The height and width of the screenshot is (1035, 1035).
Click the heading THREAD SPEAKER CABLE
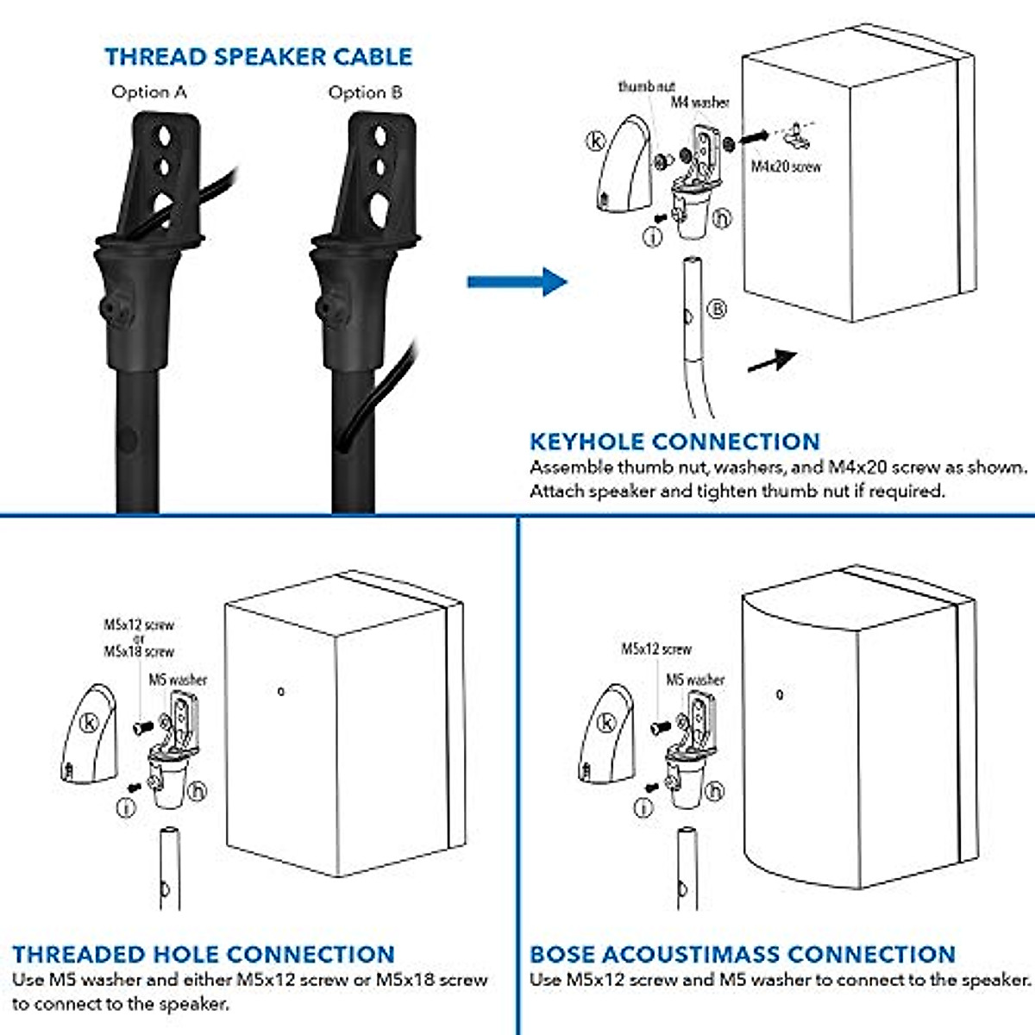coord(258,57)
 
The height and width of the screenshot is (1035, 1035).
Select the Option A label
coord(148,92)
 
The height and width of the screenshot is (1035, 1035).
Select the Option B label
coord(365,92)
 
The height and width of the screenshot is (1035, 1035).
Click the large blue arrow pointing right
coord(517,281)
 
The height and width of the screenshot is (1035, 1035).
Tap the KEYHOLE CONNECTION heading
coord(674,442)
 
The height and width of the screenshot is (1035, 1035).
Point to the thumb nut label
coord(646,86)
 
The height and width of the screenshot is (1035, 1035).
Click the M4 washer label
coord(699,103)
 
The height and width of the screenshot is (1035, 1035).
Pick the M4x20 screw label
coord(786,166)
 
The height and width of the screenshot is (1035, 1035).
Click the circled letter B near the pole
coord(717,309)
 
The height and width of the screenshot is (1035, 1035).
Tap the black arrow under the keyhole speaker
coord(770,361)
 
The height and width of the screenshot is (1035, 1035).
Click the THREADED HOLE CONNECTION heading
coord(204,955)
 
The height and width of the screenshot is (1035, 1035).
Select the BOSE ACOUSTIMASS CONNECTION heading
coord(742,955)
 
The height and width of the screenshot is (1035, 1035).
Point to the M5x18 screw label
coord(139,652)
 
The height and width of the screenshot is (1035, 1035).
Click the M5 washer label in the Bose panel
coord(695,680)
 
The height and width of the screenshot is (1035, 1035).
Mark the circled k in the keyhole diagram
coord(597,141)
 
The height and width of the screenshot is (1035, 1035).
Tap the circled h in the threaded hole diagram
coord(197,790)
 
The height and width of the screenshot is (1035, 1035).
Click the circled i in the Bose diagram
coord(643,807)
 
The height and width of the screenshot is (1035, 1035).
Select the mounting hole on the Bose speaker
coord(780,694)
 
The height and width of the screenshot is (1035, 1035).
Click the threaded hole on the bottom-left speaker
coord(280,691)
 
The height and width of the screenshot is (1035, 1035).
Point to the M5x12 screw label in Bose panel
coord(656,649)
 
